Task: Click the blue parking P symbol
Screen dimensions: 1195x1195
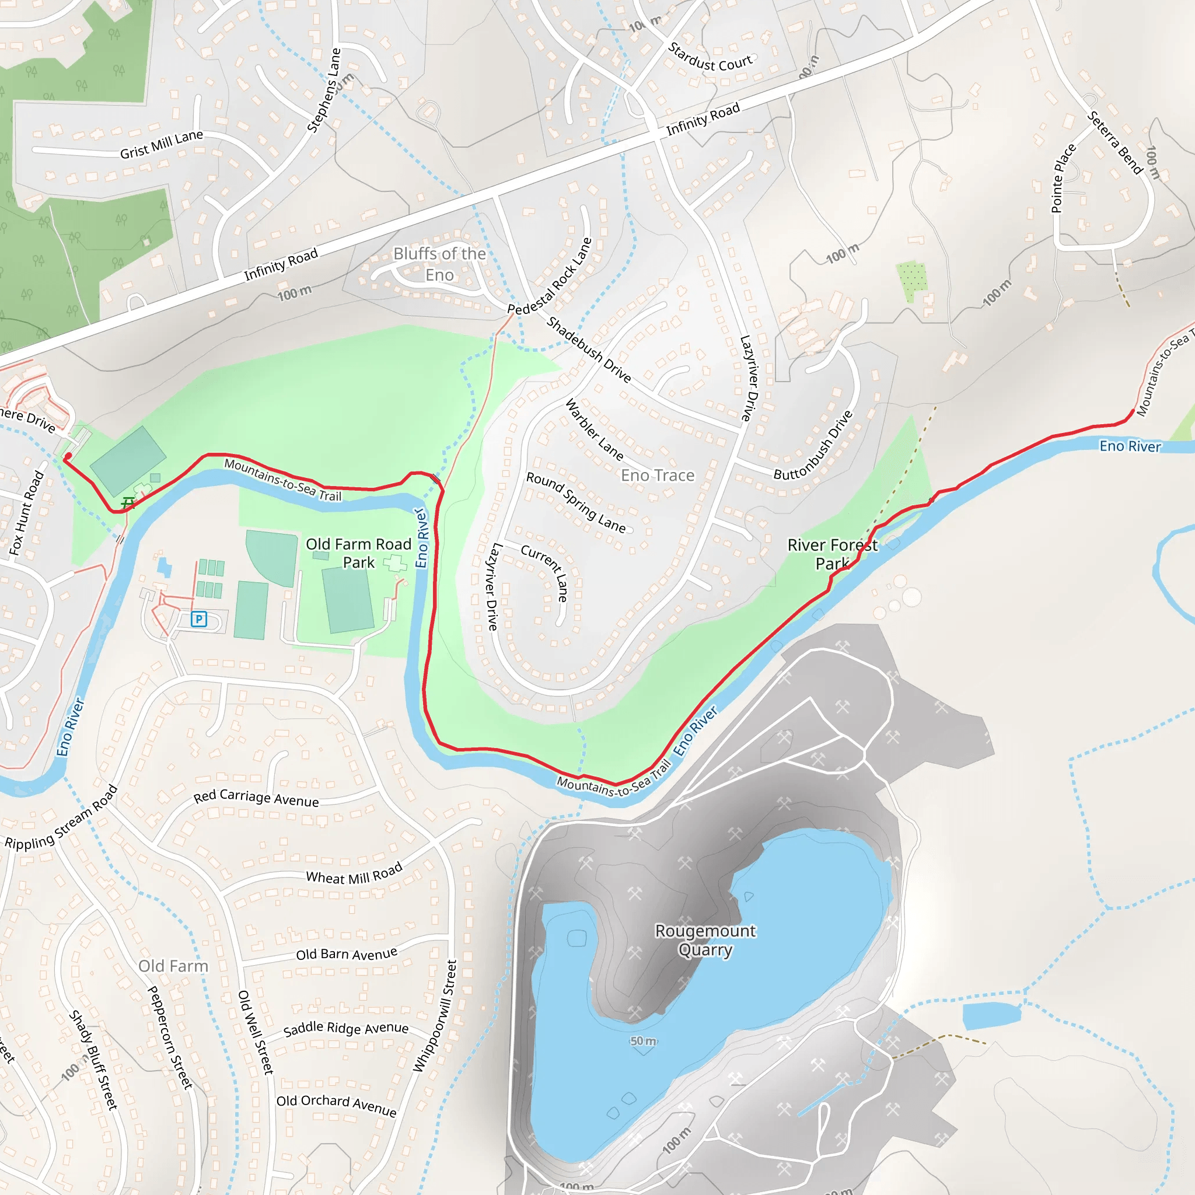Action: point(198,619)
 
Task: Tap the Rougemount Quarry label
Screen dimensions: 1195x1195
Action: point(705,940)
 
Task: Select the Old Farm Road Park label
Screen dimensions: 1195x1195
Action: point(358,553)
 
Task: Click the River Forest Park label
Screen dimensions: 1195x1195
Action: point(832,554)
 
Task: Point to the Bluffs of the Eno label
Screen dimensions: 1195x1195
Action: point(439,264)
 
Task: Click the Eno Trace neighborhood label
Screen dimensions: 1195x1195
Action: point(658,476)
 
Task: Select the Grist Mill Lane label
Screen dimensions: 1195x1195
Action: point(162,144)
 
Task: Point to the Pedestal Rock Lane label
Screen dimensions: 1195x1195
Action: point(550,276)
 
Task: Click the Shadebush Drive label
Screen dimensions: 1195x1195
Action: point(589,350)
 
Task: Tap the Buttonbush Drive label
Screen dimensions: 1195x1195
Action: point(813,445)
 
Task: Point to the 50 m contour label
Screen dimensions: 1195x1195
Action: point(643,1041)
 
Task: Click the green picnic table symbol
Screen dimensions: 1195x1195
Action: point(128,503)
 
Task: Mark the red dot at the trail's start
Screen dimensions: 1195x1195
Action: point(68,456)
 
